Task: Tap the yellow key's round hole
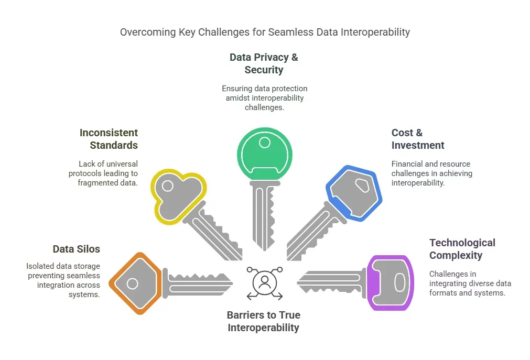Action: [167, 186]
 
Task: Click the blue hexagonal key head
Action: [354, 193]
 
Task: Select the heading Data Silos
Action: [77, 249]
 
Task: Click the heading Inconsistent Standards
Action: [109, 139]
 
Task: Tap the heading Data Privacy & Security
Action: [264, 63]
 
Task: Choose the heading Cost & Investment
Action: [418, 139]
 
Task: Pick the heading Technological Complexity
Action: [462, 249]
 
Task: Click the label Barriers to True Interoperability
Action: [263, 321]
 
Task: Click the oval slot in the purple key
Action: [399, 282]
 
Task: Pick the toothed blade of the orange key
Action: [199, 282]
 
